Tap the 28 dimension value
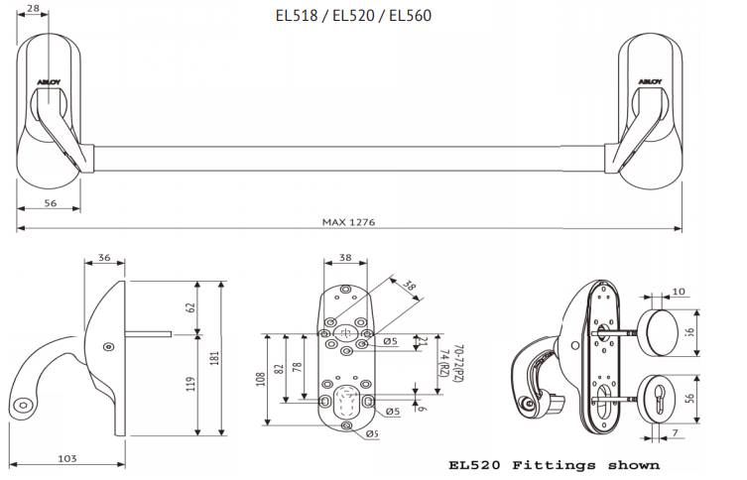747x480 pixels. tap(34, 10)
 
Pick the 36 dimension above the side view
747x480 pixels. tap(104, 258)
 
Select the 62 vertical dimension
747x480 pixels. tap(189, 307)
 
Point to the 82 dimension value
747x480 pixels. tap(280, 367)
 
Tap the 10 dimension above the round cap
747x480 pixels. tap(679, 292)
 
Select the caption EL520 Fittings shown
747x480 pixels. tap(554, 464)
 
